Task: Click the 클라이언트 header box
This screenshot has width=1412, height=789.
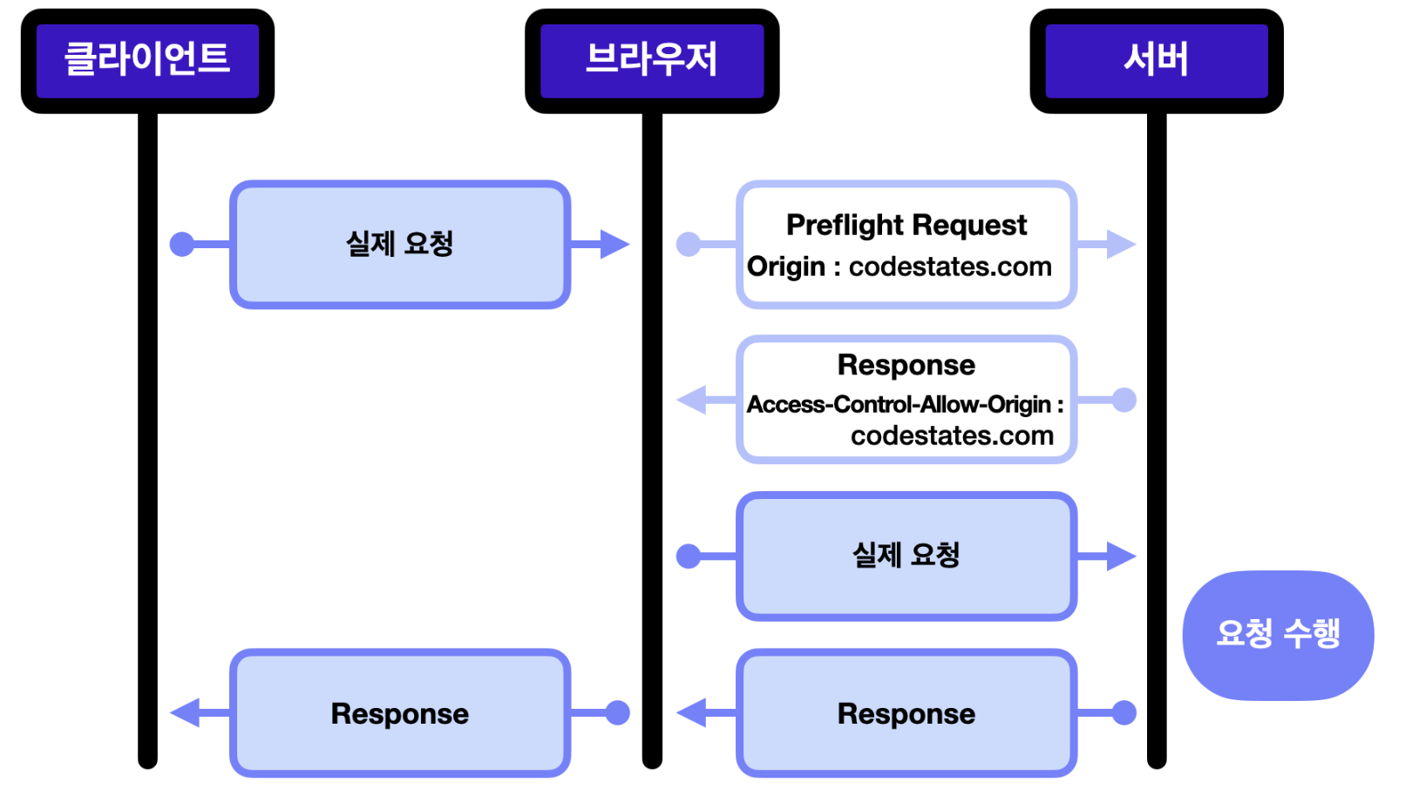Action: click(x=147, y=61)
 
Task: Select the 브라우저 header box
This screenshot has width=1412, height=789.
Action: click(x=652, y=61)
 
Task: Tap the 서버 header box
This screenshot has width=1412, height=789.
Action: click(x=1157, y=61)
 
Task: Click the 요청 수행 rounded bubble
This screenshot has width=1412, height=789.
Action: click(x=1278, y=635)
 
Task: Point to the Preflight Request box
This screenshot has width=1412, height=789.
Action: click(x=906, y=245)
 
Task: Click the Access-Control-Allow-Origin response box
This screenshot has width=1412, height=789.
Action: click(x=906, y=400)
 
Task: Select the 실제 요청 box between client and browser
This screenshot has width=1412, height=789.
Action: click(x=400, y=245)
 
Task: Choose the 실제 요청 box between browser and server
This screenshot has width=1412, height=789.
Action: click(x=906, y=556)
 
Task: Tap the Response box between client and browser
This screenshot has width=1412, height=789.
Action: click(x=400, y=713)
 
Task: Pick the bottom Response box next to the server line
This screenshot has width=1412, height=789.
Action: click(x=906, y=713)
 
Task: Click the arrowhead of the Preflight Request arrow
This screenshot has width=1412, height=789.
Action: click(x=1122, y=245)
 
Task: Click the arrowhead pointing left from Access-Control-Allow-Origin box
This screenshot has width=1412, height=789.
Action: click(x=691, y=400)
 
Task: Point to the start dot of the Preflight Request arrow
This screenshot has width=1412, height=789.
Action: click(x=689, y=245)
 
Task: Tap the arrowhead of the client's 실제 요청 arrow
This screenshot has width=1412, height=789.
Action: click(x=615, y=245)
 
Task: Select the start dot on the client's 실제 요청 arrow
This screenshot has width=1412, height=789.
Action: click(x=182, y=245)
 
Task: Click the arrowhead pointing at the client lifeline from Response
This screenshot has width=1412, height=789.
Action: click(x=186, y=713)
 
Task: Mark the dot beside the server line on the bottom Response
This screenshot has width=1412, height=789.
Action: click(x=1123, y=713)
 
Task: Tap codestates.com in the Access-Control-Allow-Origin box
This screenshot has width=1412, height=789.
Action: click(x=952, y=435)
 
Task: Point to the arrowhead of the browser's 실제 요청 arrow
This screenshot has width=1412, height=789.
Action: click(x=1122, y=556)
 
